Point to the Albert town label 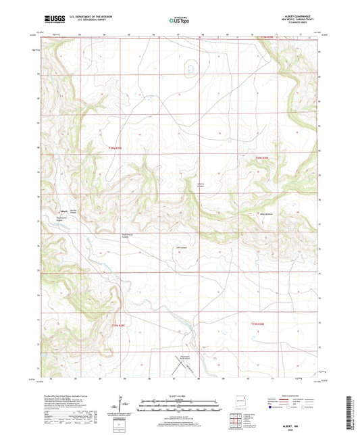point(63,209)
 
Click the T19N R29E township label point(118,324)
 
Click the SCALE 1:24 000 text point(179,396)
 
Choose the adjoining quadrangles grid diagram point(238,422)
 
